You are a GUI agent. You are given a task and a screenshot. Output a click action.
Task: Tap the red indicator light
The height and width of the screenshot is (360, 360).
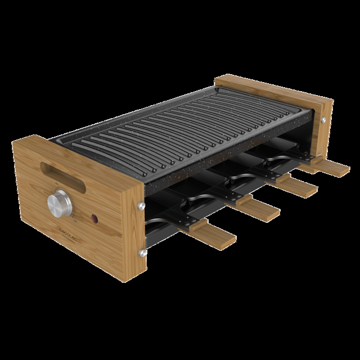pyautogui.click(x=94, y=217)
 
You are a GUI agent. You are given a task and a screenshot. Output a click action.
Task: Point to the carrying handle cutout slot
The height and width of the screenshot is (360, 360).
pyautogui.click(x=59, y=169)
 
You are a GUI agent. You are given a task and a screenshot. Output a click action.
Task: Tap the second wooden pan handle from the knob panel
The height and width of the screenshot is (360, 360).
pyautogui.click(x=259, y=210)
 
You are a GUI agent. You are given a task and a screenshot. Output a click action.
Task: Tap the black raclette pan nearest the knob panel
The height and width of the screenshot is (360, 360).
pyautogui.click(x=169, y=217)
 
